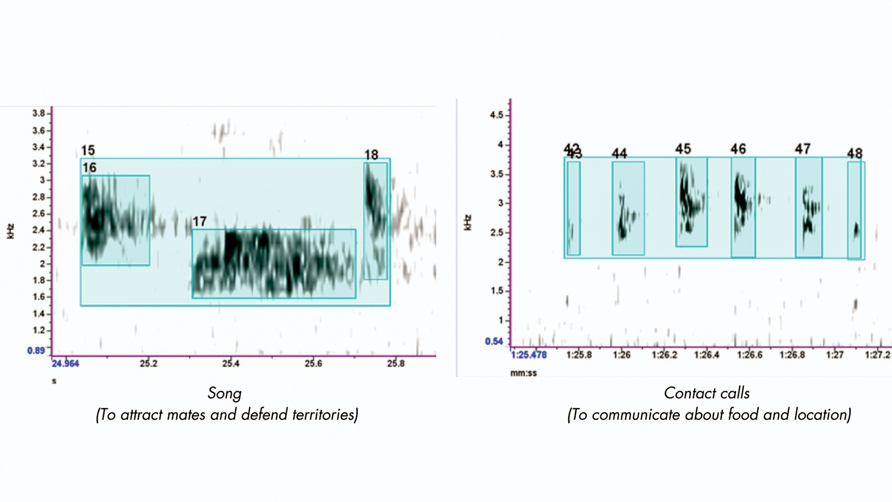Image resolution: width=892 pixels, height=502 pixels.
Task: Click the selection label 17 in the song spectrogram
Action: click(199, 221)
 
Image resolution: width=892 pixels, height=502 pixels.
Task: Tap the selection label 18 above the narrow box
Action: click(371, 155)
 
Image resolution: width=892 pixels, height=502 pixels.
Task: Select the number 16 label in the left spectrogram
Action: click(90, 167)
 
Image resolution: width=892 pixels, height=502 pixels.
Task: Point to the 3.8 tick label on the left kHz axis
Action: click(39, 114)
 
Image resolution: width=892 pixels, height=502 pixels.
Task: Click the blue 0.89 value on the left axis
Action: click(36, 350)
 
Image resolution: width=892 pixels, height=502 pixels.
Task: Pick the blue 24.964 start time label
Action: click(65, 363)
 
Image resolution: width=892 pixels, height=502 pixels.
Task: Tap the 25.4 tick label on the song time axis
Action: click(231, 363)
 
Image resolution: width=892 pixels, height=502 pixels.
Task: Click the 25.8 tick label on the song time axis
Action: click(396, 363)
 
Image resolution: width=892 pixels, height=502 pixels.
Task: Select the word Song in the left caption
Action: click(224, 393)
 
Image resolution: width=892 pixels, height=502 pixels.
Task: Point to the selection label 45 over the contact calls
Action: click(683, 149)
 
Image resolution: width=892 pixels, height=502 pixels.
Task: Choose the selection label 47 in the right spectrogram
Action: click(802, 149)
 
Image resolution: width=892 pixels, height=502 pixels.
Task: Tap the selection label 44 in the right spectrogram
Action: click(619, 154)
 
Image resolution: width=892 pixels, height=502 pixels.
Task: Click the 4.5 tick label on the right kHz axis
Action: click(496, 115)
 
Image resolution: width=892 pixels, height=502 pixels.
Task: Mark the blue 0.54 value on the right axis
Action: click(494, 341)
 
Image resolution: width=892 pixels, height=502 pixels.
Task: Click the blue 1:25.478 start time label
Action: click(529, 355)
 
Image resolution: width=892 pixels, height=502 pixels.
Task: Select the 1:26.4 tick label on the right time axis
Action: click(706, 355)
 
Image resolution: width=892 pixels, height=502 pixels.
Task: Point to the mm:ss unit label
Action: click(523, 373)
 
